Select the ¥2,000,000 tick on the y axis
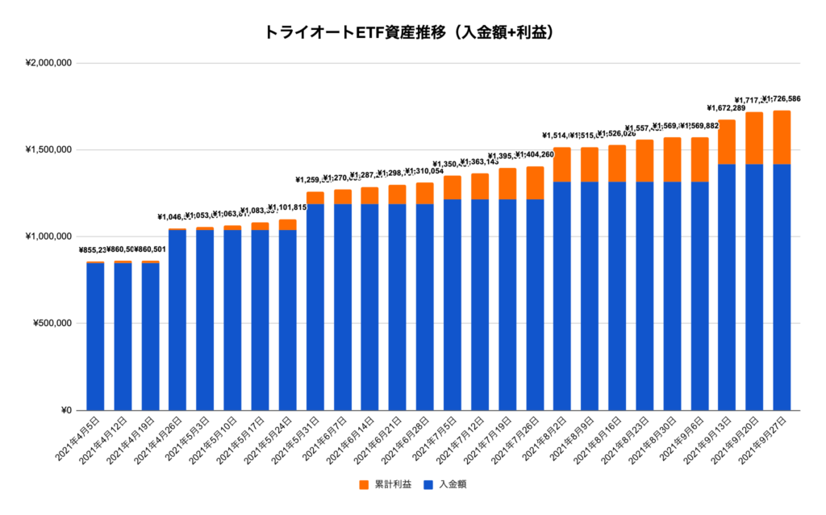[x=49, y=63]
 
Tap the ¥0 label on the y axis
[x=66, y=410]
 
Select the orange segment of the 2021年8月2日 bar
[x=562, y=165]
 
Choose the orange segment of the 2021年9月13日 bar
[x=727, y=142]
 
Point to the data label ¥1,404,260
[x=536, y=155]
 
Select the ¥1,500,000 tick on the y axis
[x=49, y=149]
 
